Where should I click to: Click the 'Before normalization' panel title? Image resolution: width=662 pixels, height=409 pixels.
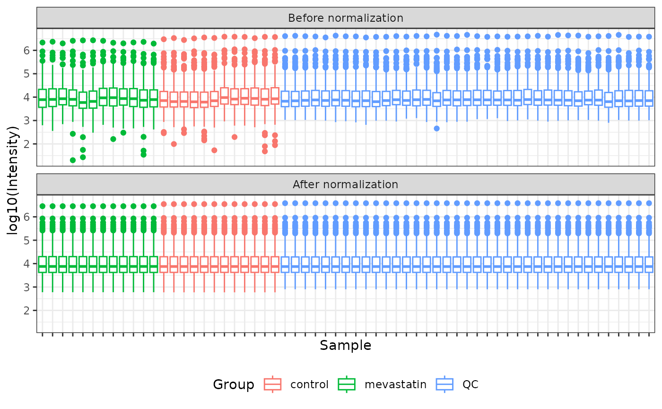(346, 18)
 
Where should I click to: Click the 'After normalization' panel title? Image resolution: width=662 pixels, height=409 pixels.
(346, 184)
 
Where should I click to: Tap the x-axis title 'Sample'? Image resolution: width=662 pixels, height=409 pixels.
(346, 346)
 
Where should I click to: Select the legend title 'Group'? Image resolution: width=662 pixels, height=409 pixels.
(234, 384)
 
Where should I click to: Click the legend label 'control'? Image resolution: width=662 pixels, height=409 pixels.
(309, 384)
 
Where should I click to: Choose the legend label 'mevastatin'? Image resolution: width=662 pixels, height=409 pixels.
(395, 384)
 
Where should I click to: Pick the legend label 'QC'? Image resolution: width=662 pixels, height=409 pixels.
(471, 384)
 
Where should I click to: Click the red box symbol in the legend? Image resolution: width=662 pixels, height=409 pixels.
(272, 384)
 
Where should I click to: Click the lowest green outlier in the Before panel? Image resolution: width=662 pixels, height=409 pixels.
(73, 160)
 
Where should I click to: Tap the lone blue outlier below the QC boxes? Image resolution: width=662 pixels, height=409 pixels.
(437, 128)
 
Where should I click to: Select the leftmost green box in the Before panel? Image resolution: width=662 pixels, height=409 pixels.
(43, 98)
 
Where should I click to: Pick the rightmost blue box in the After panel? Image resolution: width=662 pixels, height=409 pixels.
(649, 264)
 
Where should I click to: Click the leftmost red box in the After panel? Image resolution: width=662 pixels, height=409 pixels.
(164, 264)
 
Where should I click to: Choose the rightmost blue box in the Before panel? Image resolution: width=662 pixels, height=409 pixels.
(649, 98)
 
